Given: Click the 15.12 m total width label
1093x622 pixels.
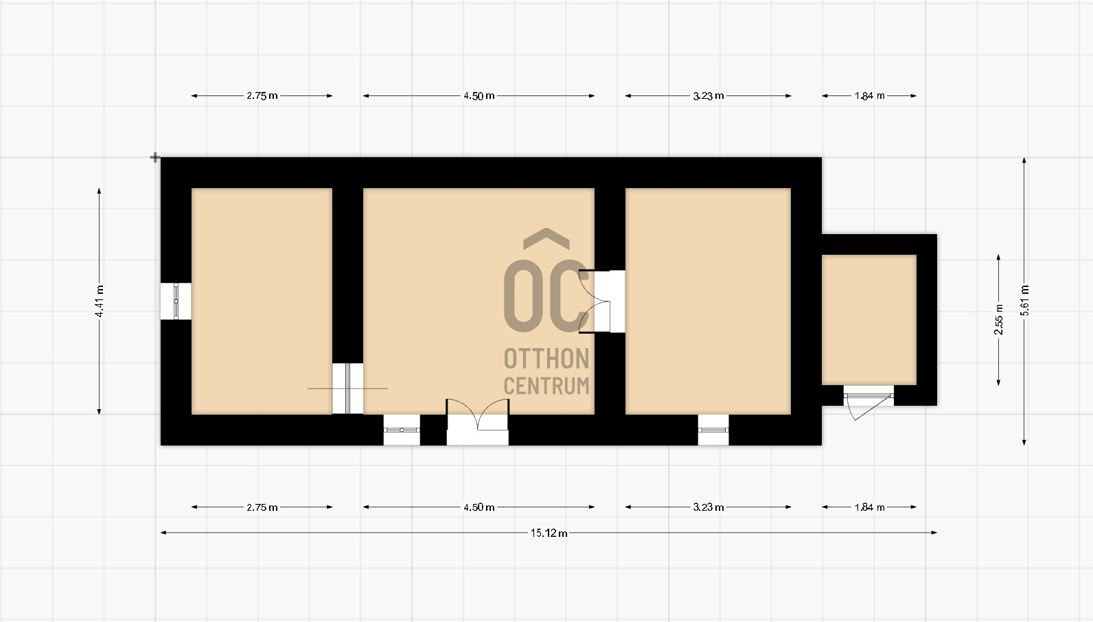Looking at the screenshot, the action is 549,533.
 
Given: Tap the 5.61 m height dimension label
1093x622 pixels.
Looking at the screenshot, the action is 1024,301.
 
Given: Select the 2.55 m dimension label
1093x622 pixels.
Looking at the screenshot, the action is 999,319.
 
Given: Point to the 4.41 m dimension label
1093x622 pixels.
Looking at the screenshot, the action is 99,301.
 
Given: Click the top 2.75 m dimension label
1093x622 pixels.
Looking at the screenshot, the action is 262,95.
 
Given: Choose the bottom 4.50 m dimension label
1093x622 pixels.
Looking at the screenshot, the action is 479,507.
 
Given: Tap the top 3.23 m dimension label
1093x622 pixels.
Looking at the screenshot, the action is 709,95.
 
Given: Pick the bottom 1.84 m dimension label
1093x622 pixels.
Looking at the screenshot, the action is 869,507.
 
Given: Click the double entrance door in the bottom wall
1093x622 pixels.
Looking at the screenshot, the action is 478,422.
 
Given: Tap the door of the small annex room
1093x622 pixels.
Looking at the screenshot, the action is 869,402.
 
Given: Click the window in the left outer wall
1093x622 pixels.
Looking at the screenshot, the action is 176,301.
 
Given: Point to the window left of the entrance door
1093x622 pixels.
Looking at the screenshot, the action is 402,430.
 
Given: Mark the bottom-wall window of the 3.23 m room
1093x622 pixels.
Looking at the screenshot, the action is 713,430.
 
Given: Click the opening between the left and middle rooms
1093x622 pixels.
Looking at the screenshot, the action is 348,389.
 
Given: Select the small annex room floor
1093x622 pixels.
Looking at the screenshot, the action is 869,320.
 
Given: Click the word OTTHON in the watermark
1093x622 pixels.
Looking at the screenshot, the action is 546,359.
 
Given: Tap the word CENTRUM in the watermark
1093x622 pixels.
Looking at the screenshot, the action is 546,385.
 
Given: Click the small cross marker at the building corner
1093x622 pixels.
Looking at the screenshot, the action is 154,157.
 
